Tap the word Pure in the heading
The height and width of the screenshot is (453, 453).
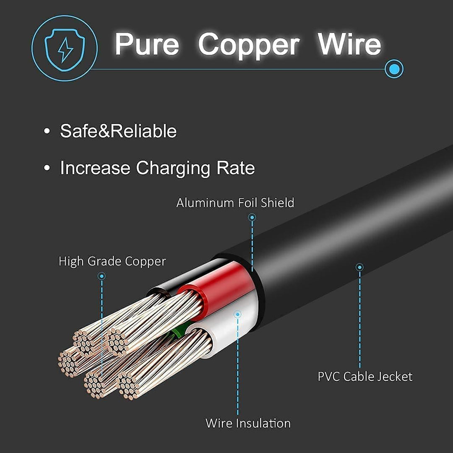tap(147, 44)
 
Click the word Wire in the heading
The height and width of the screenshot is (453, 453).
tap(349, 44)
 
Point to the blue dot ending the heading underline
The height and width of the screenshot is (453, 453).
tap(394, 69)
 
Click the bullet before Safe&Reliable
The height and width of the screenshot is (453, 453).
tap(47, 131)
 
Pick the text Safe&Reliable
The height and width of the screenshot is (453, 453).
tap(118, 131)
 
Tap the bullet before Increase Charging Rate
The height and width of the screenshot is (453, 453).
tap(47, 168)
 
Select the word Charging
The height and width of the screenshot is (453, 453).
tap(173, 168)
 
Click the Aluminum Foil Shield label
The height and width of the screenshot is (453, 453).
tap(235, 203)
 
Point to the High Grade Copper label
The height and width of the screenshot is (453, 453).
tap(112, 261)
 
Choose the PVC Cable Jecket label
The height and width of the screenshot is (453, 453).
tap(365, 376)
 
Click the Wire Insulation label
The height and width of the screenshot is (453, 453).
tap(248, 423)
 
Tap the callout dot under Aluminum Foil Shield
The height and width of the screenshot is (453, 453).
tap(252, 217)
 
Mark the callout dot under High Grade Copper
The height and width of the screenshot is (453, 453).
tap(102, 276)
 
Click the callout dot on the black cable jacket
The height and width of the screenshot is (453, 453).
tap(359, 267)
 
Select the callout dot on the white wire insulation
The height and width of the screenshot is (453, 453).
tap(237, 314)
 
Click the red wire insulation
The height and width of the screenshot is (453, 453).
tap(219, 289)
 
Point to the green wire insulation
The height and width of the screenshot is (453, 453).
tap(178, 332)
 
